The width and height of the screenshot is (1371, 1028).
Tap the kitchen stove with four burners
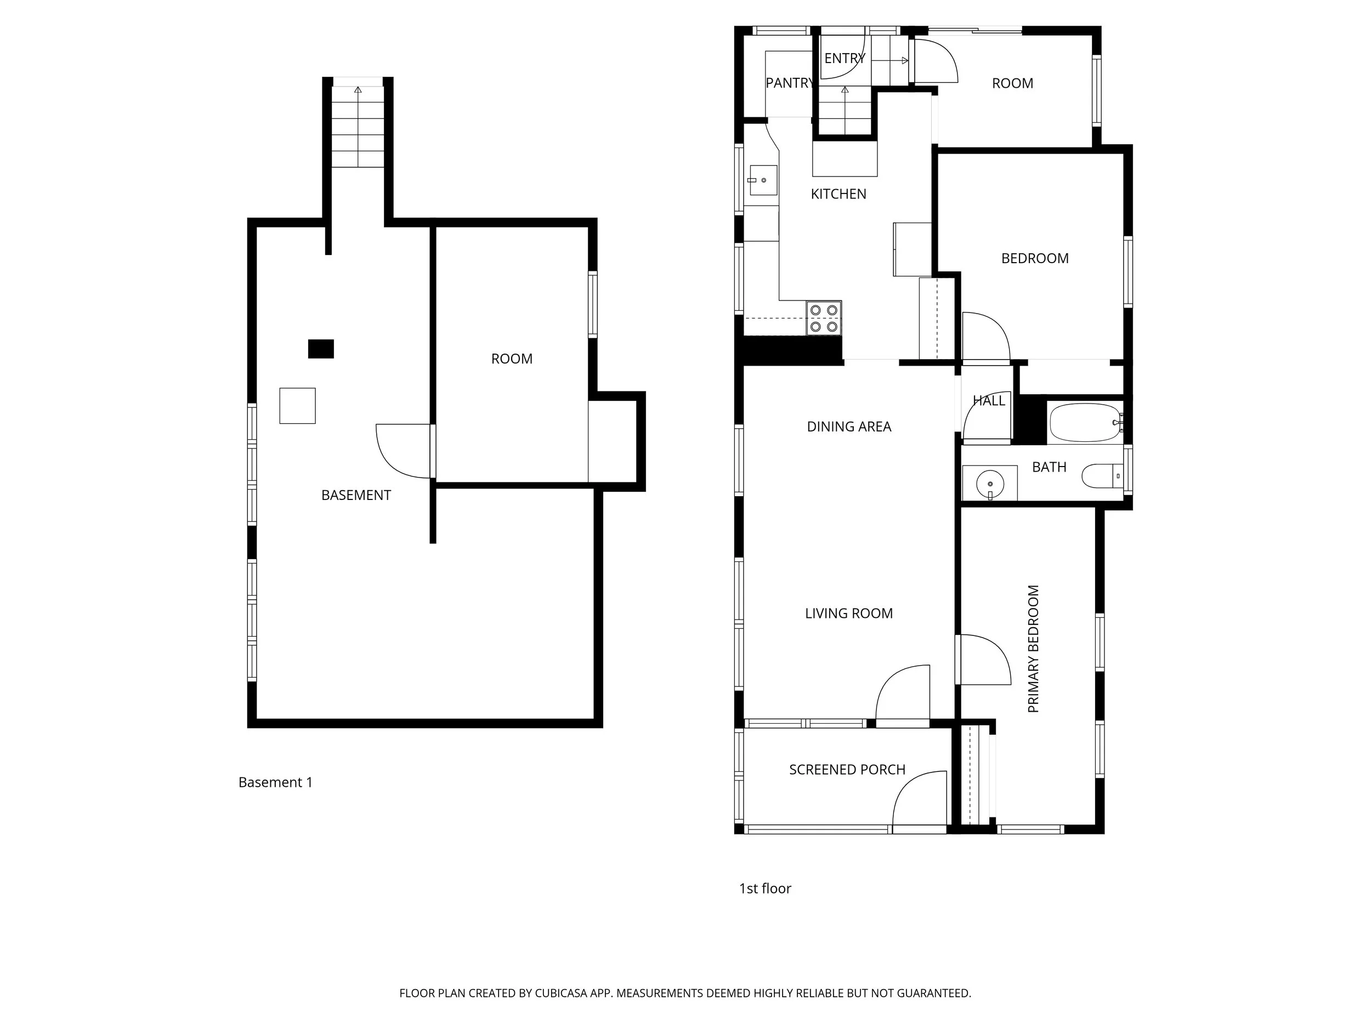[x=824, y=319]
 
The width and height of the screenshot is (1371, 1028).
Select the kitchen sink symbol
[x=762, y=180]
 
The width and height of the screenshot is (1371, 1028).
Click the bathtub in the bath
[x=1085, y=423]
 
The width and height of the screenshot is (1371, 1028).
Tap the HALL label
[x=989, y=401]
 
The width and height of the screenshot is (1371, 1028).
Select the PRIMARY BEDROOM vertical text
[x=1033, y=649]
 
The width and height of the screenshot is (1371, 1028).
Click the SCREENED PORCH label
[x=847, y=770]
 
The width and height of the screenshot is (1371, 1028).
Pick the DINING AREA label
[x=848, y=427]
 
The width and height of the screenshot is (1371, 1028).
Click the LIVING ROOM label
[x=848, y=614]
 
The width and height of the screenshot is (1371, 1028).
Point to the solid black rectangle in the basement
[x=321, y=349]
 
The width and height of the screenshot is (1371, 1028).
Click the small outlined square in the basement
[x=297, y=406]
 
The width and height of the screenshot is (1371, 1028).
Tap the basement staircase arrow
[x=358, y=90]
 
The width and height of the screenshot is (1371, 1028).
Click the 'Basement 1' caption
[x=275, y=782]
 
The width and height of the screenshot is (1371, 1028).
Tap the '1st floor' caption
[x=765, y=889]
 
